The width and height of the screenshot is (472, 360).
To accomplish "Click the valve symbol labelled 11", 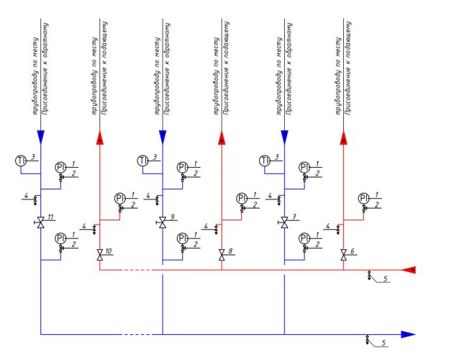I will point(40,223).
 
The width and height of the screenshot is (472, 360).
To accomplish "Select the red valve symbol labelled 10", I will point(99,254).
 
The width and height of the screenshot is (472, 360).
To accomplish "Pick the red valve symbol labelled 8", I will point(222,254).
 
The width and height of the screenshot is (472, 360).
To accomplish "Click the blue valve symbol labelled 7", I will point(285,223).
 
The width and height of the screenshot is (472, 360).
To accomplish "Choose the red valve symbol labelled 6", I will point(344,254).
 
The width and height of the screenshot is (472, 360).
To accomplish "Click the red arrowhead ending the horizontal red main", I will point(409,270).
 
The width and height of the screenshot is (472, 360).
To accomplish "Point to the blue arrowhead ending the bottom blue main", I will point(408,334).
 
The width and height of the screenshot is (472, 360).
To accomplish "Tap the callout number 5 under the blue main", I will point(383,343).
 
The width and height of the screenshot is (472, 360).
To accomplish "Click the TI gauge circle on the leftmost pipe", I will point(20,159).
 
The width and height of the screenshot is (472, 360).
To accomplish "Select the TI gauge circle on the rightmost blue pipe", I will point(264,159).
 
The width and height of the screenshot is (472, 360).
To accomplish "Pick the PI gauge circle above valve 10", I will point(119,198).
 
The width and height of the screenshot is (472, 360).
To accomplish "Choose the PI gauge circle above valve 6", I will point(364,198).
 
